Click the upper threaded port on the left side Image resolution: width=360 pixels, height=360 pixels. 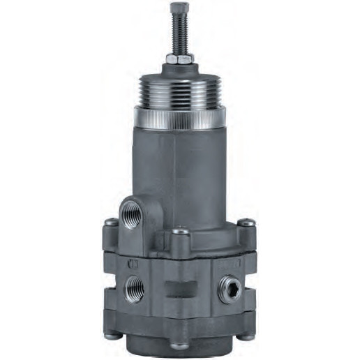(x=133, y=211)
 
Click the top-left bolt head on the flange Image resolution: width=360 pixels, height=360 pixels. (x=110, y=223)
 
